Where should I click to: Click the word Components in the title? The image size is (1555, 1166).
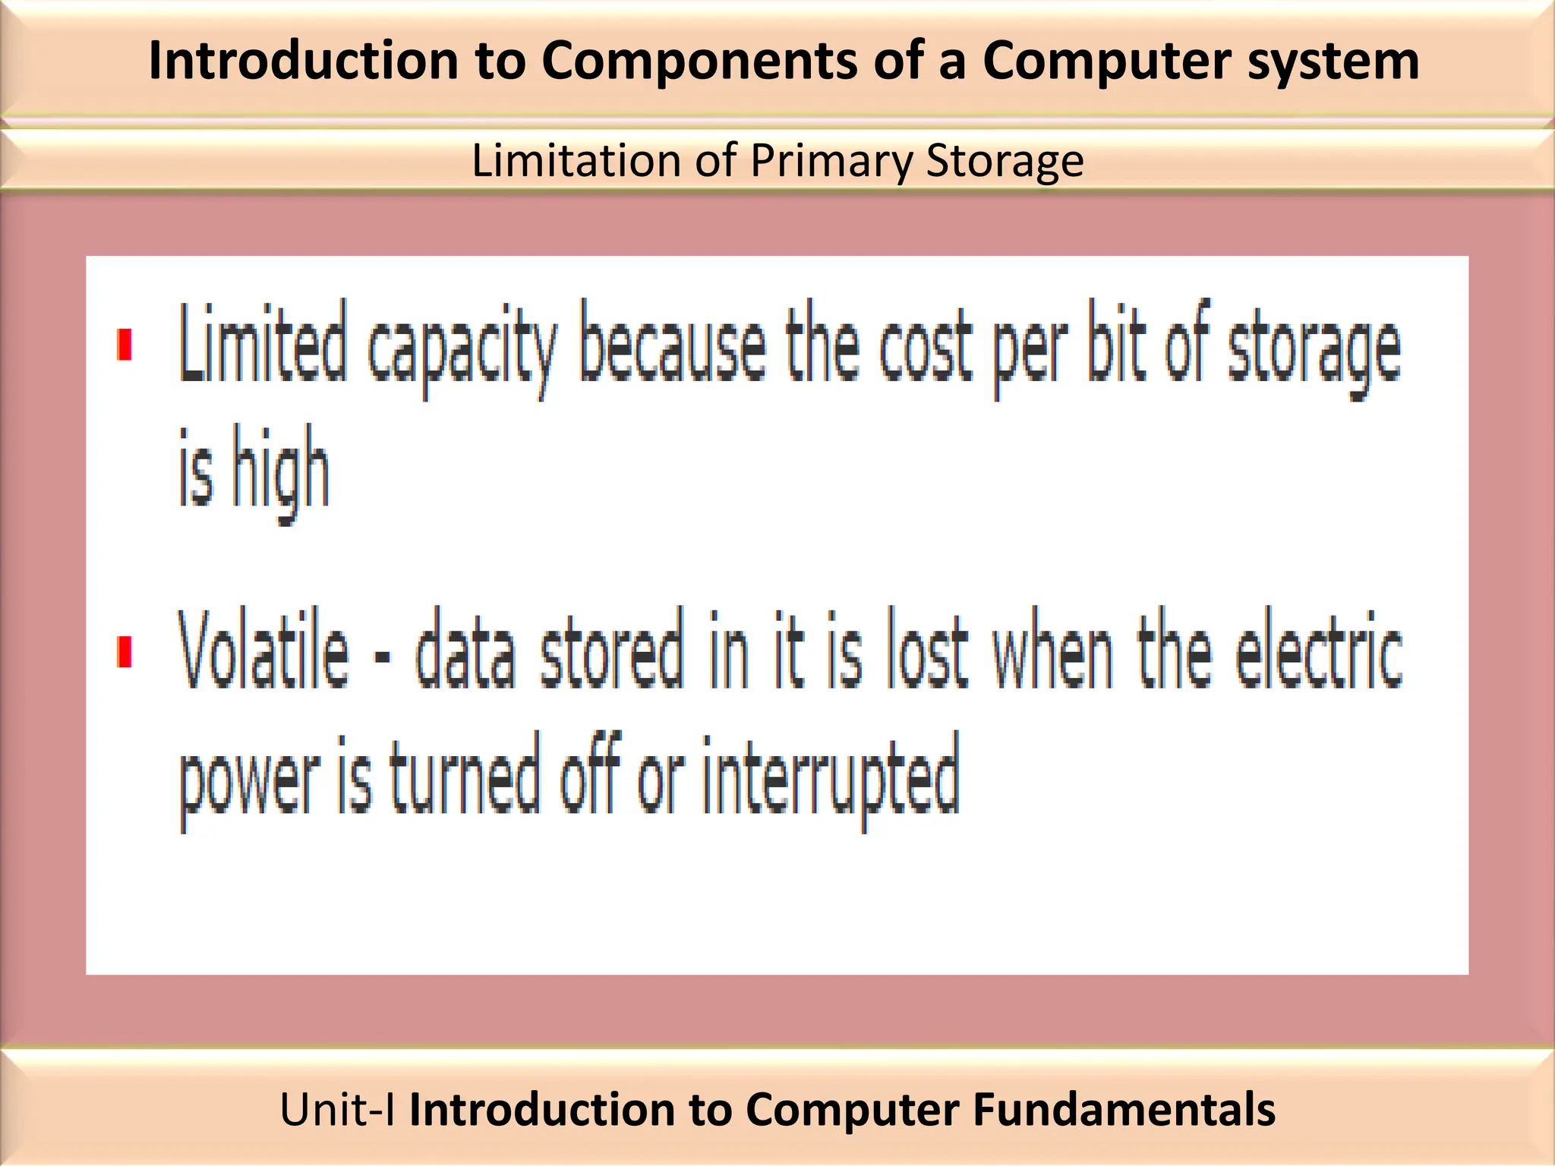click(x=699, y=61)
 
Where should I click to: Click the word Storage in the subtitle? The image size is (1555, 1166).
click(x=1005, y=161)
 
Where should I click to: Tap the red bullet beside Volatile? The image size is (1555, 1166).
click(x=125, y=652)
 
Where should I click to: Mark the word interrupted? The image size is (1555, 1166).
click(x=831, y=778)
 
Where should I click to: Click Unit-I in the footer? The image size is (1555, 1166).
click(x=337, y=1109)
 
